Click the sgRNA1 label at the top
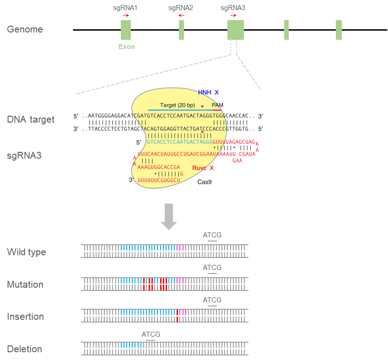tap(125, 8)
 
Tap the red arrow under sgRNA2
tap(181, 16)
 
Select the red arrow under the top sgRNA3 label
tap(233, 16)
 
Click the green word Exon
tap(126, 47)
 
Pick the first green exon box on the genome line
tap(126, 30)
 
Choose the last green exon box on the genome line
tap(339, 30)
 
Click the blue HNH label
tap(205, 92)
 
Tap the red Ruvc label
tap(199, 168)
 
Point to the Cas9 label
tap(205, 182)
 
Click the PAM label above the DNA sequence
tap(217, 105)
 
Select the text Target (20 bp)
tap(178, 105)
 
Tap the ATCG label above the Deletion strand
tap(151, 334)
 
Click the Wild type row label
tap(27, 252)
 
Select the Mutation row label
tap(25, 285)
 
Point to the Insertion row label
tap(26, 317)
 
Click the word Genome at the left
tap(25, 29)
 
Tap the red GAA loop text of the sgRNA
tap(237, 161)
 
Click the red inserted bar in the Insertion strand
tap(178, 316)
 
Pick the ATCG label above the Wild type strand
tap(212, 235)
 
